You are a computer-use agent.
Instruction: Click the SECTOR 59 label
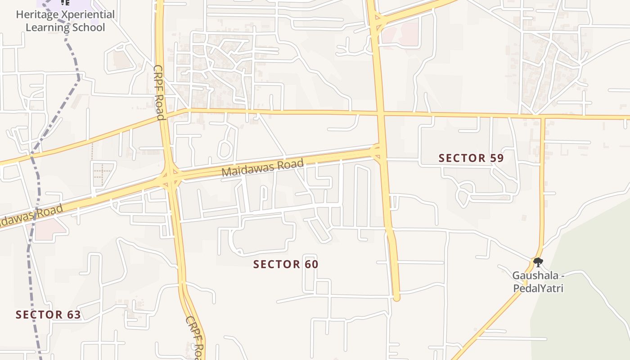point(471,158)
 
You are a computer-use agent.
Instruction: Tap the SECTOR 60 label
point(286,264)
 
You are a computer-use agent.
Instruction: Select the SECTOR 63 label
point(48,315)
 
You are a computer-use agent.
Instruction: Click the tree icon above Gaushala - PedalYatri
point(538,262)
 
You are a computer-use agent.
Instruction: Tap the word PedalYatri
point(538,288)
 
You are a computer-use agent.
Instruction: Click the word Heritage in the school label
point(37,14)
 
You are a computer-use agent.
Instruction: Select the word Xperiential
point(88,14)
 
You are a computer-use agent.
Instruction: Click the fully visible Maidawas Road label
point(263,167)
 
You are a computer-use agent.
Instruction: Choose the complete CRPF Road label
point(159,92)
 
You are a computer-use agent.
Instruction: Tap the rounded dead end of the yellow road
point(396,297)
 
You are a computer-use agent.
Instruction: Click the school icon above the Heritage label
point(66,3)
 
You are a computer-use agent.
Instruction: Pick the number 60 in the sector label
point(310,264)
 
